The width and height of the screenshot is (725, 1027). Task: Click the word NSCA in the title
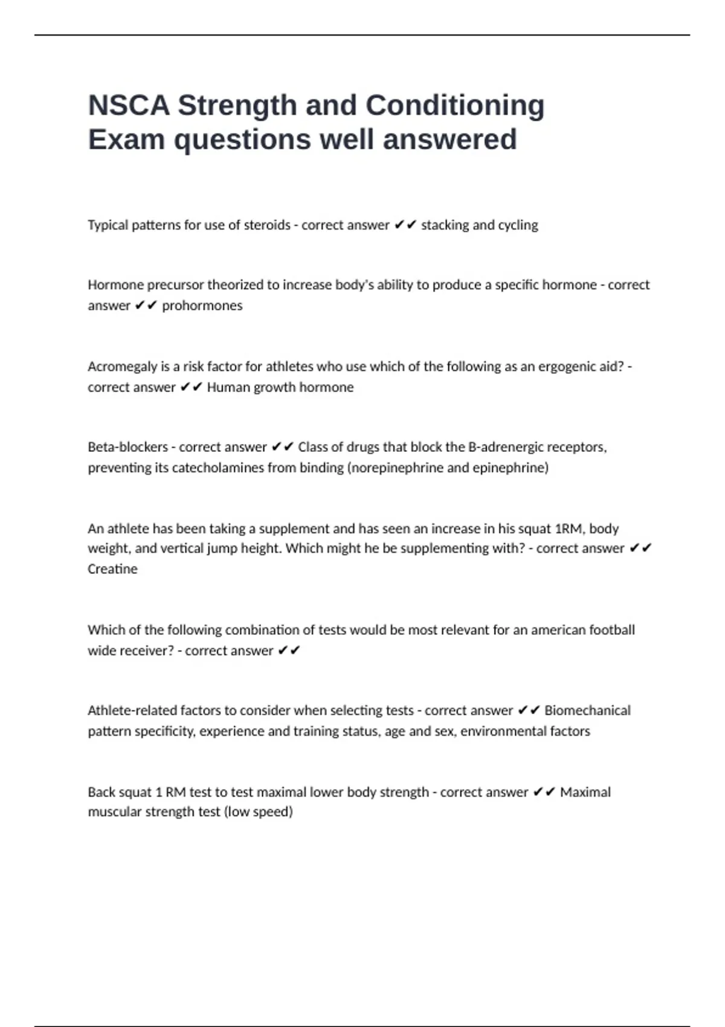[129, 105]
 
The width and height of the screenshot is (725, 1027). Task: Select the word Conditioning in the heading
[455, 105]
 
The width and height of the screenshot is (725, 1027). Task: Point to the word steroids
[267, 225]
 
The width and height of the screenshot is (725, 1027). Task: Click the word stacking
[445, 225]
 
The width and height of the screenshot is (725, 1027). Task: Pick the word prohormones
[202, 306]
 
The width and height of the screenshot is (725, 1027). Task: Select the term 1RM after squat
[568, 529]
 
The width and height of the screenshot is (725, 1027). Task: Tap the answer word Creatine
[112, 569]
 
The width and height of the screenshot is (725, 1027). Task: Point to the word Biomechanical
[587, 710]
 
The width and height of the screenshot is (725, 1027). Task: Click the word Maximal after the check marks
[585, 792]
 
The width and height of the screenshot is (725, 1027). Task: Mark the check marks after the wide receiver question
[289, 651]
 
